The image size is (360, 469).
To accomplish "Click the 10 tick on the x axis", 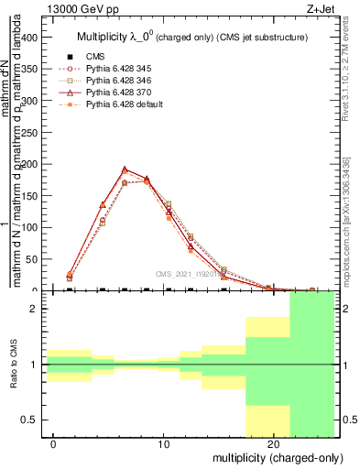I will click(x=164, y=445).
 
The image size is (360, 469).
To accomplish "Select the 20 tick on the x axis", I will click(x=273, y=445).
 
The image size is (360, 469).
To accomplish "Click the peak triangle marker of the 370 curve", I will click(x=125, y=169).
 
